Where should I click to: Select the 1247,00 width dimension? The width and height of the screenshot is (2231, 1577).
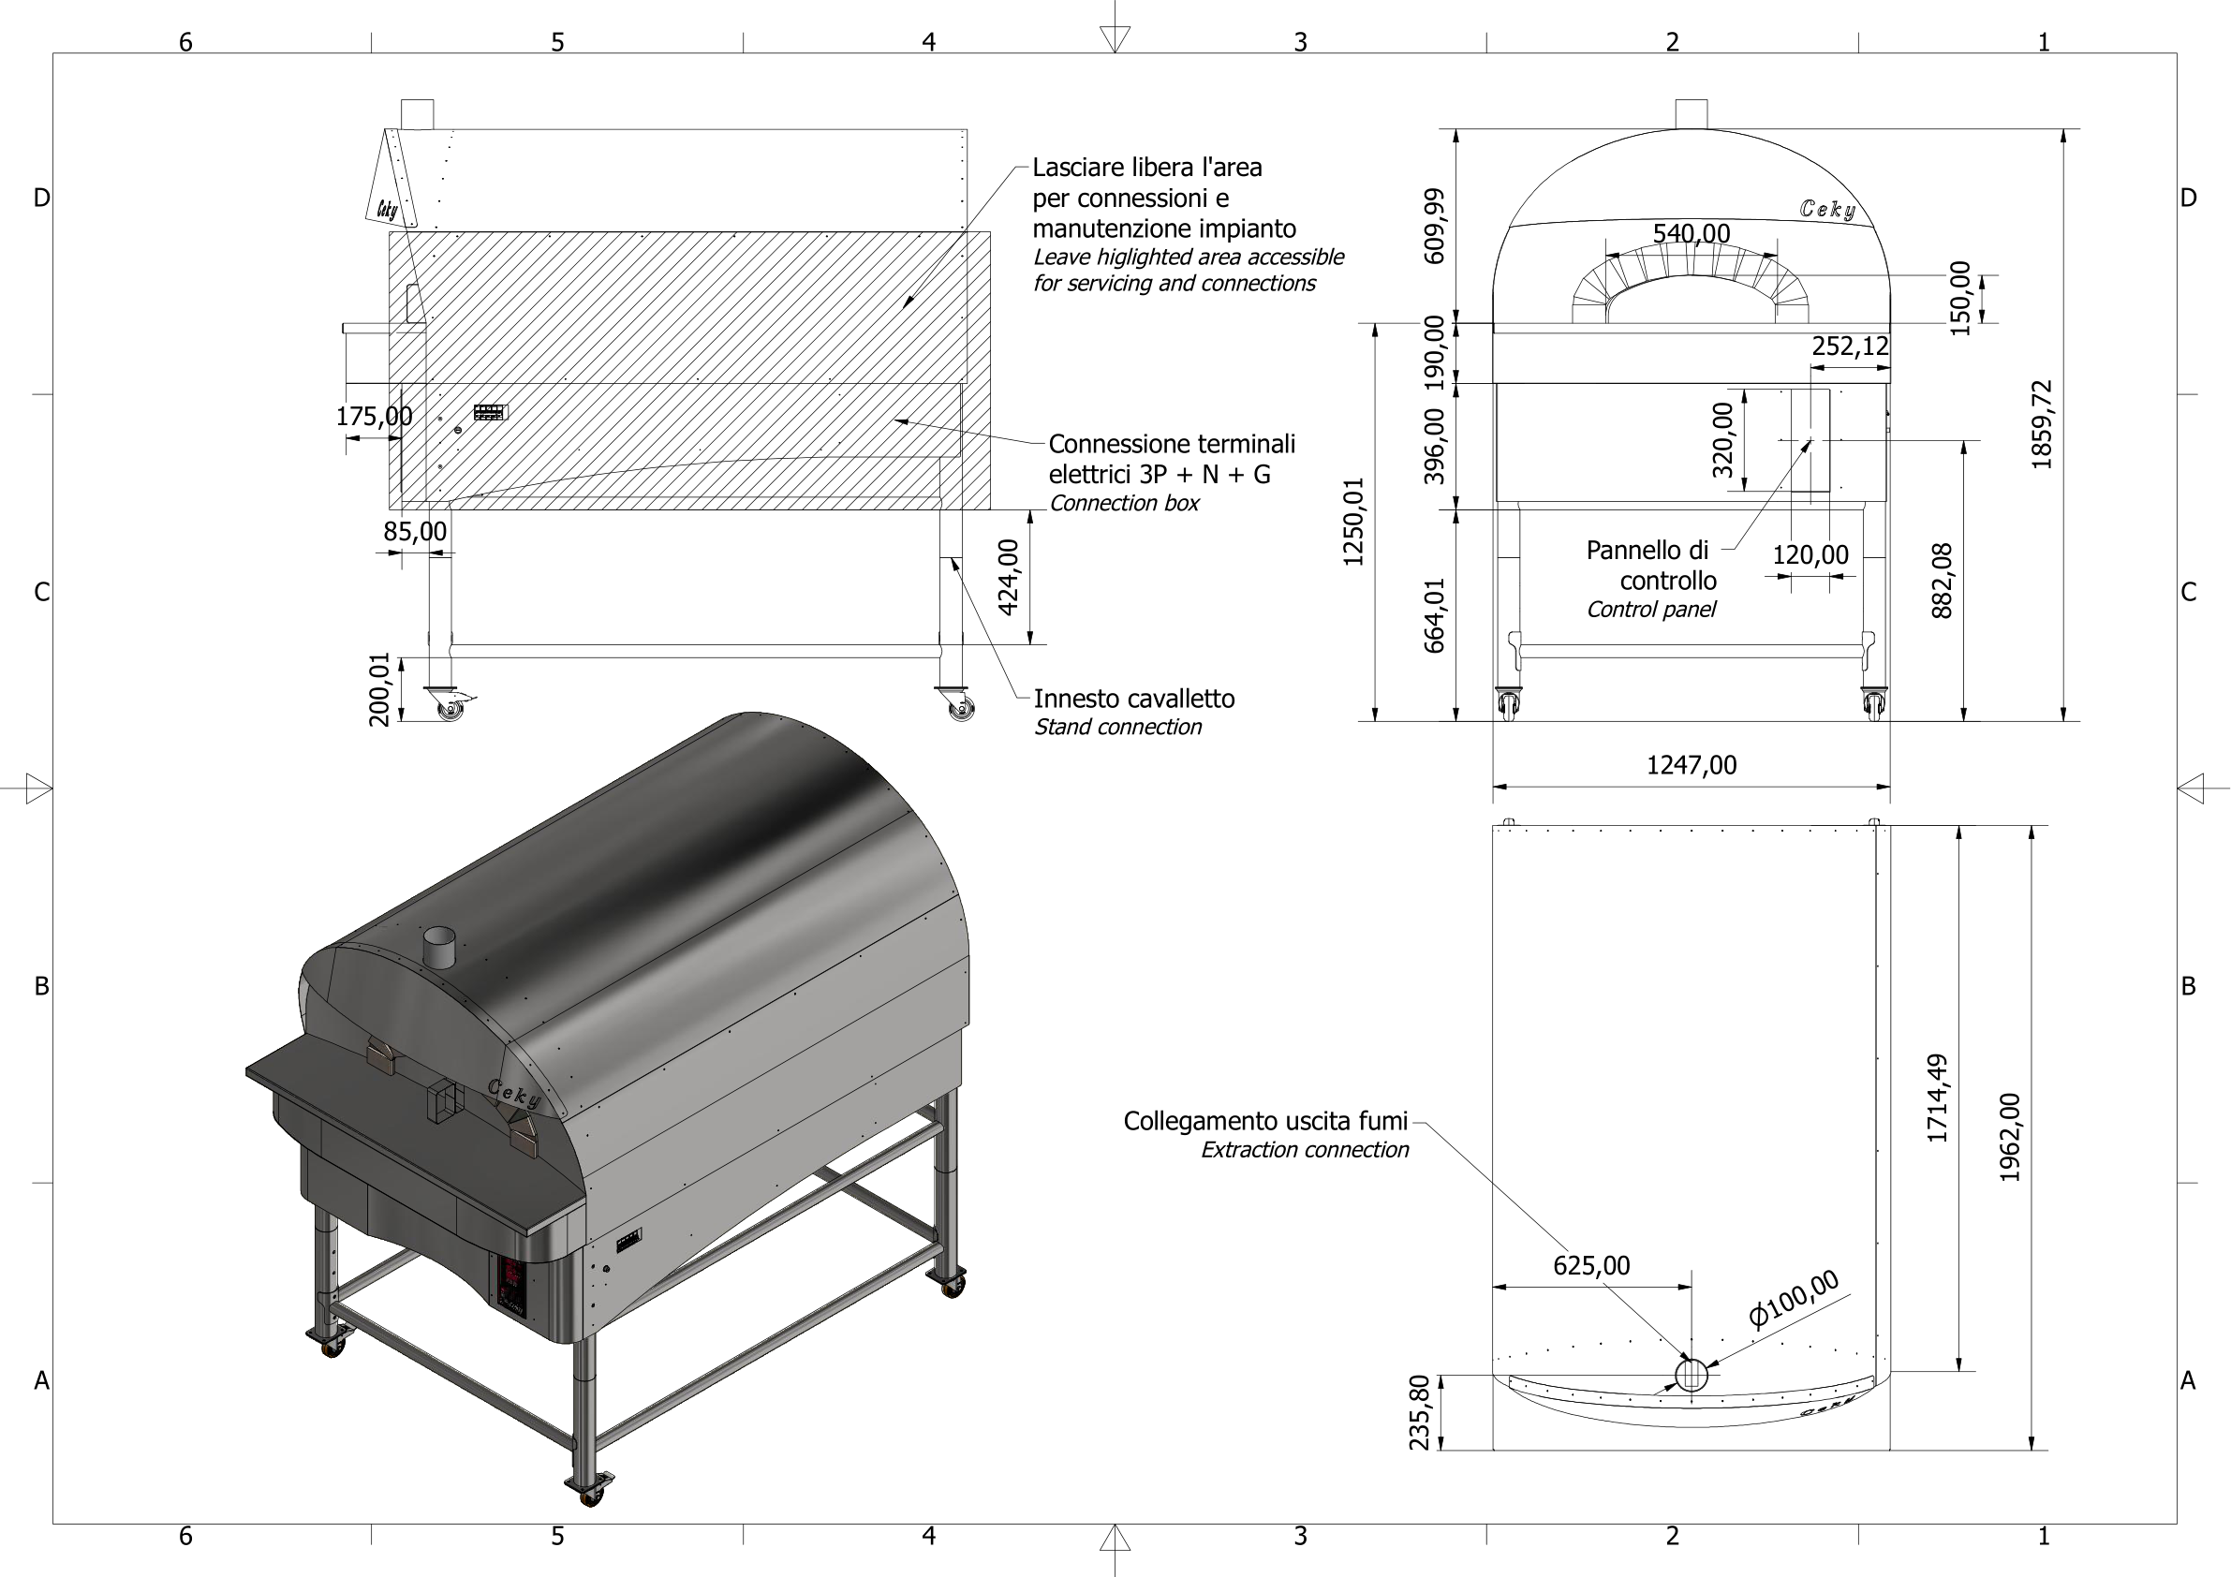[x=1691, y=765]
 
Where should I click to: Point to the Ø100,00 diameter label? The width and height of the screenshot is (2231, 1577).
[x=1794, y=1298]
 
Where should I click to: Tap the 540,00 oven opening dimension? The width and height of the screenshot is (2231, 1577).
[x=1691, y=233]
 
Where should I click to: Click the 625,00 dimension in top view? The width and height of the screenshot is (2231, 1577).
[x=1591, y=1265]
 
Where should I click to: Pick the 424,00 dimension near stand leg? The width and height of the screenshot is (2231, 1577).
[x=1009, y=577]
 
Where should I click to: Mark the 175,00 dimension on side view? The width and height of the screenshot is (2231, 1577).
[x=373, y=417]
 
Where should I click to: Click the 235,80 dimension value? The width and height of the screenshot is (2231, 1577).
[x=1420, y=1412]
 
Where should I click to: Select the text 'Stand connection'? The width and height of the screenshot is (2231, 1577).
[x=1117, y=727]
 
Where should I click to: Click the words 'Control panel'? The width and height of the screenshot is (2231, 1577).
[x=1651, y=610]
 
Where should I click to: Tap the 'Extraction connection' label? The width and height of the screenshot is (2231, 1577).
[x=1304, y=1149]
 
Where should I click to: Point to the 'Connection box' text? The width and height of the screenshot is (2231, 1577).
[x=1123, y=503]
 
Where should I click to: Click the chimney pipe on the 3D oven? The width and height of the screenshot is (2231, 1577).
[x=438, y=946]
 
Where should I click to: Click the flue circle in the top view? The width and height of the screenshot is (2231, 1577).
[x=1692, y=1374]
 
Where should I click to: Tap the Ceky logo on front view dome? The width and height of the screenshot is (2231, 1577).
[x=1826, y=209]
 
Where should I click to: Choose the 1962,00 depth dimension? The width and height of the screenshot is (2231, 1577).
[x=2009, y=1137]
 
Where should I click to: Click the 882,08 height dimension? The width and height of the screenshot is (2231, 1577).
[x=1942, y=580]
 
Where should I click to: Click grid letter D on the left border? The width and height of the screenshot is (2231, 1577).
[x=42, y=199]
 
